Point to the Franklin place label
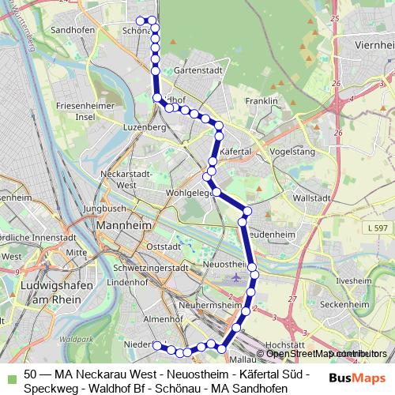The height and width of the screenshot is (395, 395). [261, 101]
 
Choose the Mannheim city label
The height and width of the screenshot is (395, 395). [122, 226]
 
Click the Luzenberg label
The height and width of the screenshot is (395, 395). [143, 126]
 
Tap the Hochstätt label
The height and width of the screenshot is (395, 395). [285, 345]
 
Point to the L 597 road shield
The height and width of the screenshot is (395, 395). [378, 228]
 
